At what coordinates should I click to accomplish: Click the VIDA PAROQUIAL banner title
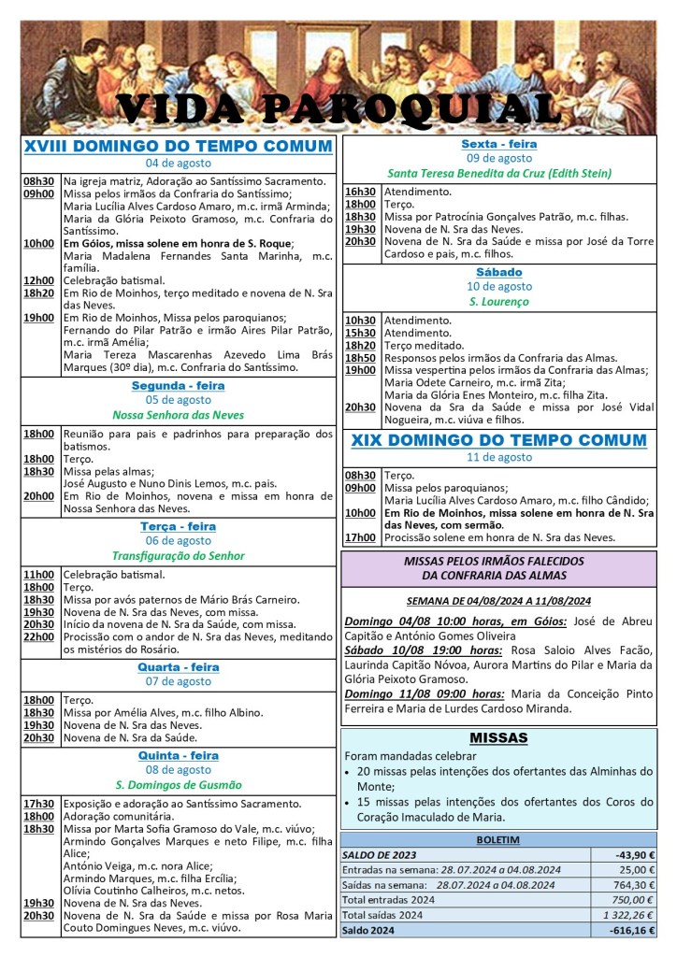(338, 108)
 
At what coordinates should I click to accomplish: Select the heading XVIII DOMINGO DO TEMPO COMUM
(178, 147)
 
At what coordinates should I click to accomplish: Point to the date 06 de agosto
(178, 540)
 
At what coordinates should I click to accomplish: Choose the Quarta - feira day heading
(178, 667)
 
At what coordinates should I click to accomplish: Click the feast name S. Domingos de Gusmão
(178, 785)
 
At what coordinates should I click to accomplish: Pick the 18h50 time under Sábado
(360, 358)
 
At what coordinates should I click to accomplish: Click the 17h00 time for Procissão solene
(360, 537)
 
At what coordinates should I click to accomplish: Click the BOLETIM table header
(498, 840)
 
